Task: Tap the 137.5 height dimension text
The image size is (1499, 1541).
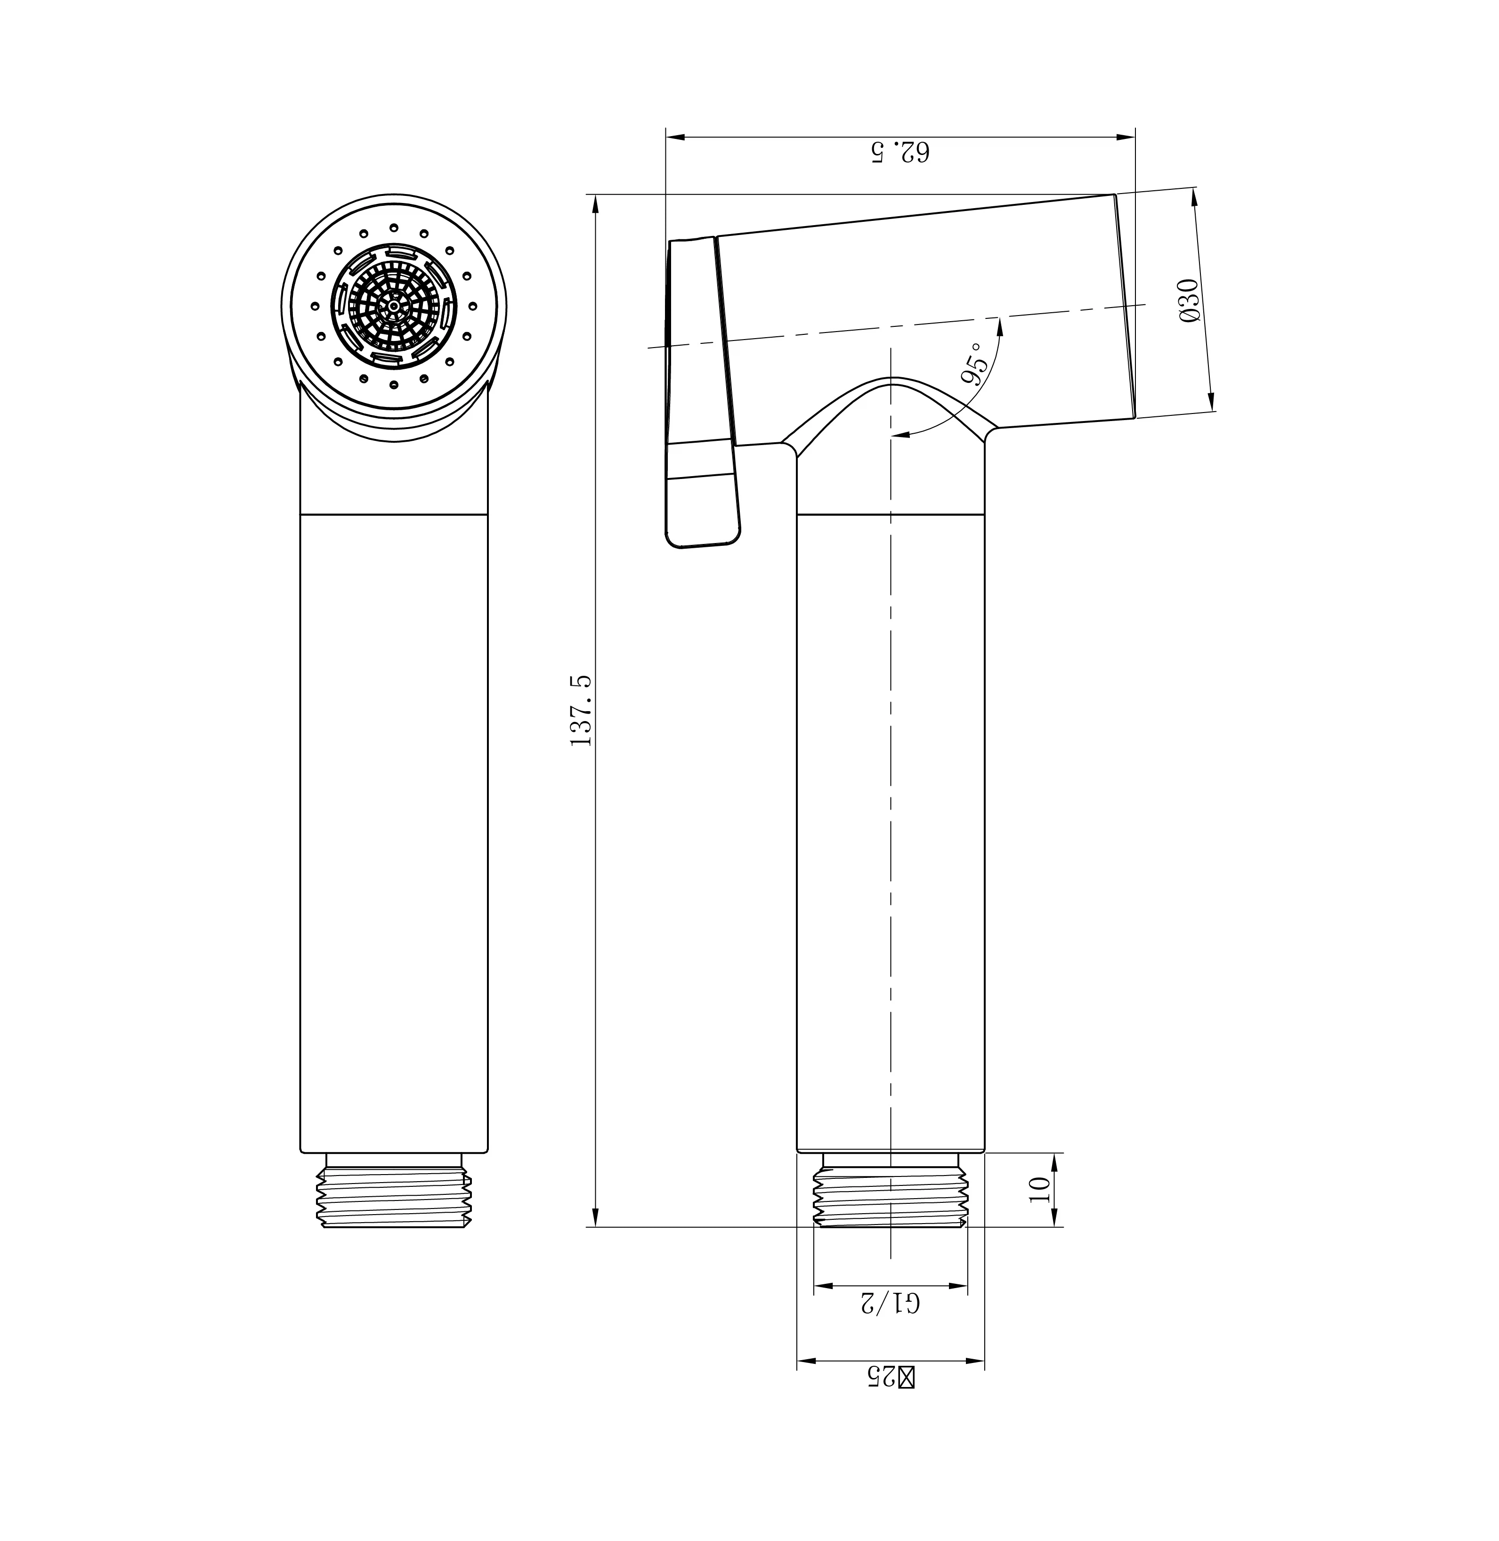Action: tap(581, 711)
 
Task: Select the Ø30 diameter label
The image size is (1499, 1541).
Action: tap(1190, 300)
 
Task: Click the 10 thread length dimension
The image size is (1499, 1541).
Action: tap(1040, 1188)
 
